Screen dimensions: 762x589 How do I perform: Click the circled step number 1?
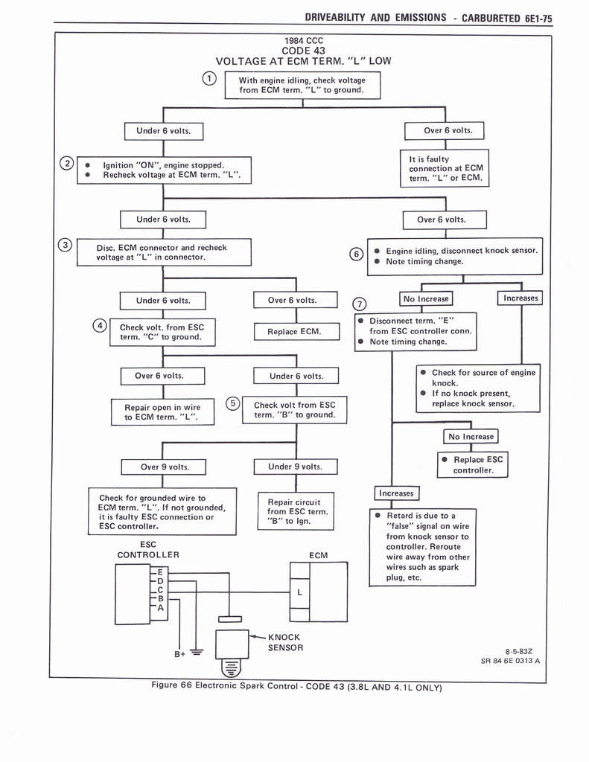(210, 78)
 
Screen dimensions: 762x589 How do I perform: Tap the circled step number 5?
(233, 403)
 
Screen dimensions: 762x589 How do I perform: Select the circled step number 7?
(360, 304)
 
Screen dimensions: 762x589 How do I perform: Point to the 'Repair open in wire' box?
(162, 412)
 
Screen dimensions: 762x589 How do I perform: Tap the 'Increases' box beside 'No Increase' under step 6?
(520, 298)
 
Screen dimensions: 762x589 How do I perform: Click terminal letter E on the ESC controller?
(159, 571)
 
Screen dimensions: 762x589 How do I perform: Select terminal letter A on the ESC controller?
(159, 608)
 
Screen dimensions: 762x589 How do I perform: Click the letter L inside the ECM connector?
(299, 592)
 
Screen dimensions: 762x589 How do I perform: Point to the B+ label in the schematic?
(179, 654)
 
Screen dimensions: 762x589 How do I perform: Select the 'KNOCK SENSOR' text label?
(284, 642)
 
